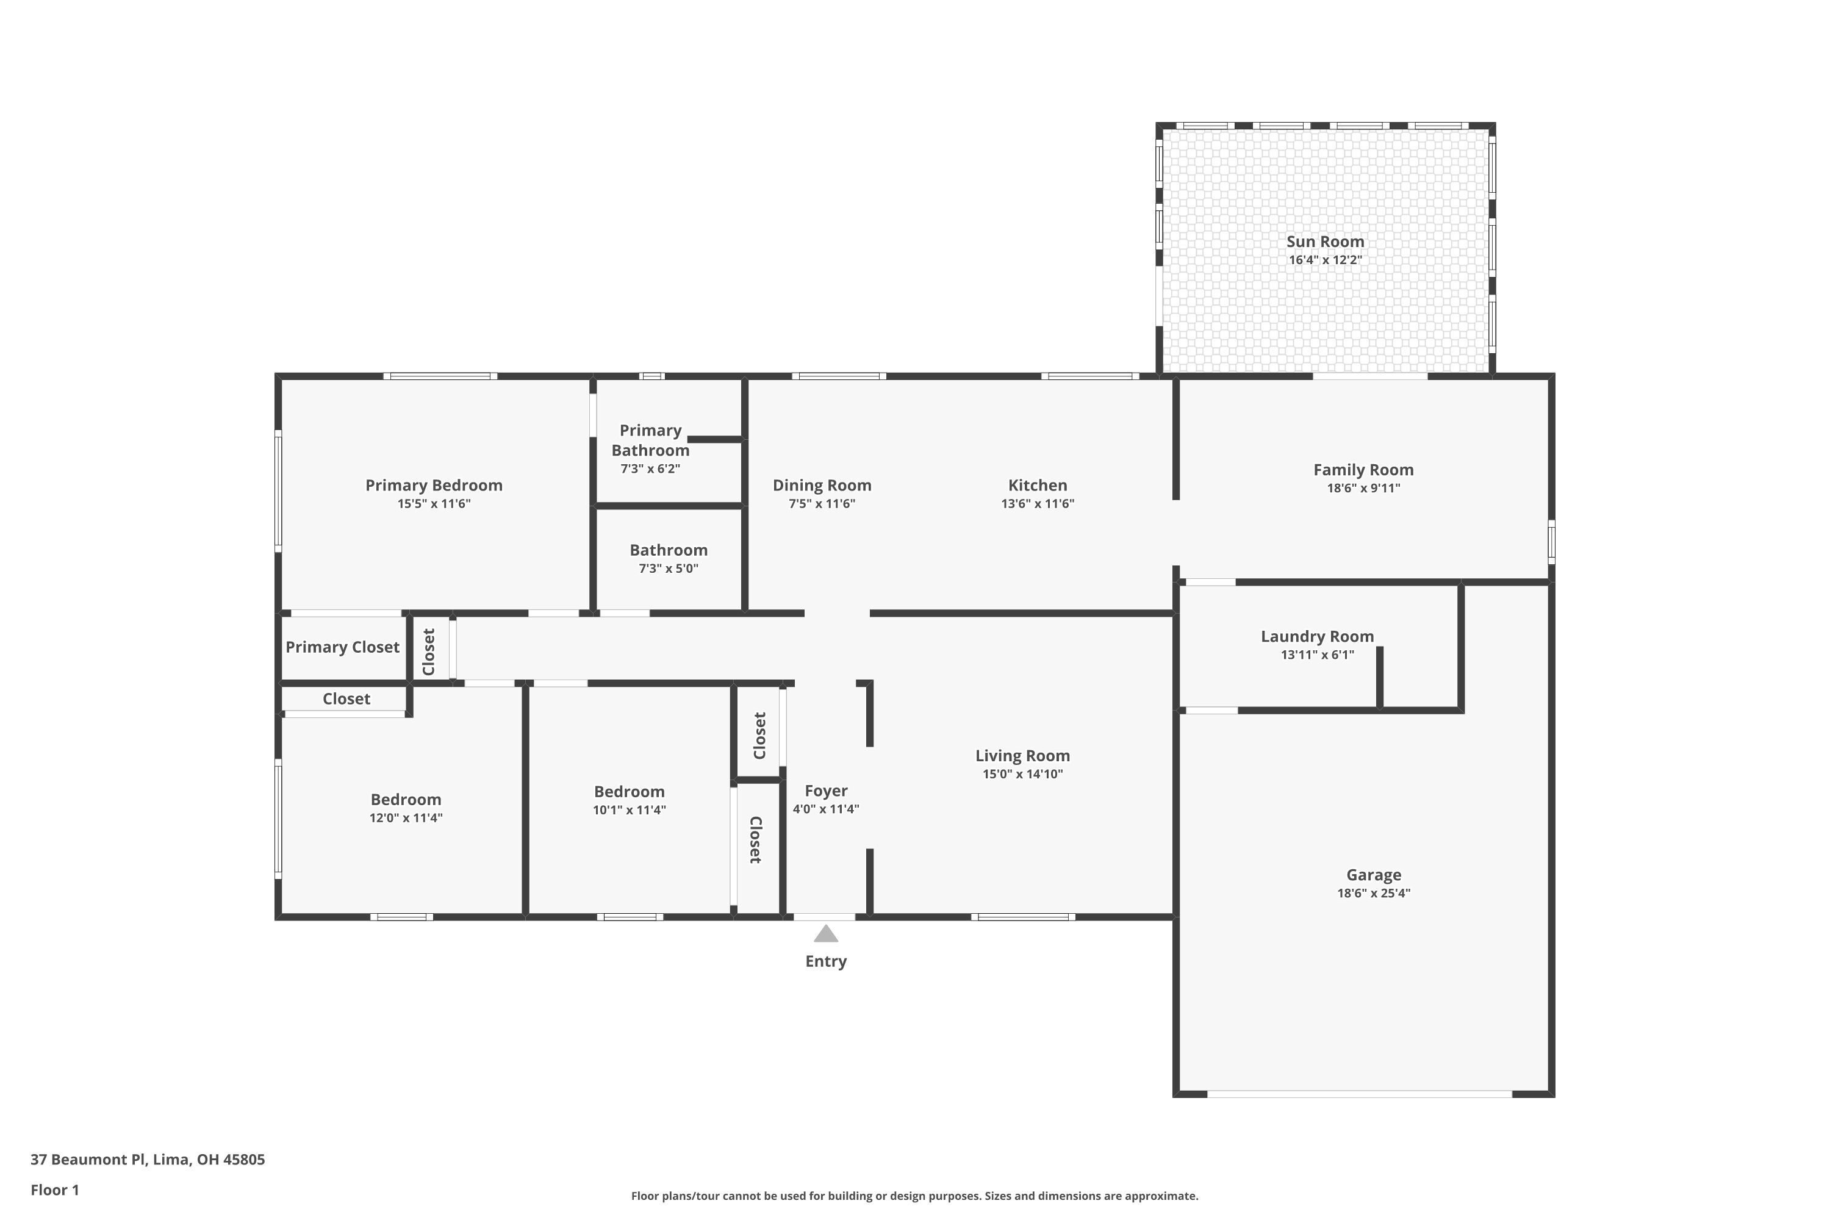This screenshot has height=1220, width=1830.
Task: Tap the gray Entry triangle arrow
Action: [825, 934]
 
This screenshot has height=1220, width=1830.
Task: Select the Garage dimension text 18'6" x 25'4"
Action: [1373, 893]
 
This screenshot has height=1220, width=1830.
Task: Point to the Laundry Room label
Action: [1316, 636]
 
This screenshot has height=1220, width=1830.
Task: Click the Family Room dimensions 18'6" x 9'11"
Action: [1363, 489]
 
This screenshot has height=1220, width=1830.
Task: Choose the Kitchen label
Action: [1037, 486]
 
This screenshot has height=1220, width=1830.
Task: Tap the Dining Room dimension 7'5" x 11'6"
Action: [822, 503]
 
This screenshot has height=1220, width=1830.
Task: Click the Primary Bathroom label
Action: [650, 440]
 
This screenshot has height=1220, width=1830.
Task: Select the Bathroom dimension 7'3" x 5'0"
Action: [669, 569]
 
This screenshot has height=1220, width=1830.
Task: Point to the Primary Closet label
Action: [342, 647]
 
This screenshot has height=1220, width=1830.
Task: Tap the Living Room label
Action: [1022, 756]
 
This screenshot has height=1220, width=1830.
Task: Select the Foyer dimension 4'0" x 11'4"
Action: [825, 809]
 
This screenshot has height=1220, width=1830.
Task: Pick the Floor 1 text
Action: [54, 1189]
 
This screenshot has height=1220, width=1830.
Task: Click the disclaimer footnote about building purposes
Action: [914, 1196]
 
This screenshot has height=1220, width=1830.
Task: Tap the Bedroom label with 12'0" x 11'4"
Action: [406, 799]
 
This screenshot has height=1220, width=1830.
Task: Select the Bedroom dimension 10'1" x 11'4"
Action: [629, 810]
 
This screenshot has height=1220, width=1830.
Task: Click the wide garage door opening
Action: [1358, 1094]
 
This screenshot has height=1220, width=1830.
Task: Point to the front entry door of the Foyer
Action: [824, 917]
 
